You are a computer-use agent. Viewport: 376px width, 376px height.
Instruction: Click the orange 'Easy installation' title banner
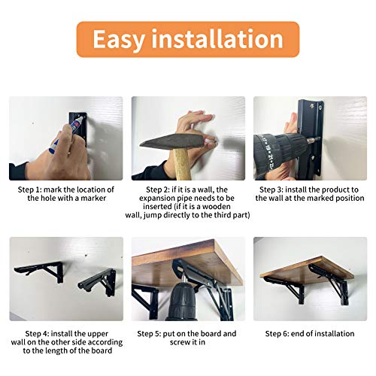pyautogui.click(x=187, y=39)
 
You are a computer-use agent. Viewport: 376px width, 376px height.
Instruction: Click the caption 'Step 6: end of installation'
pyautogui.click(x=309, y=332)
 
